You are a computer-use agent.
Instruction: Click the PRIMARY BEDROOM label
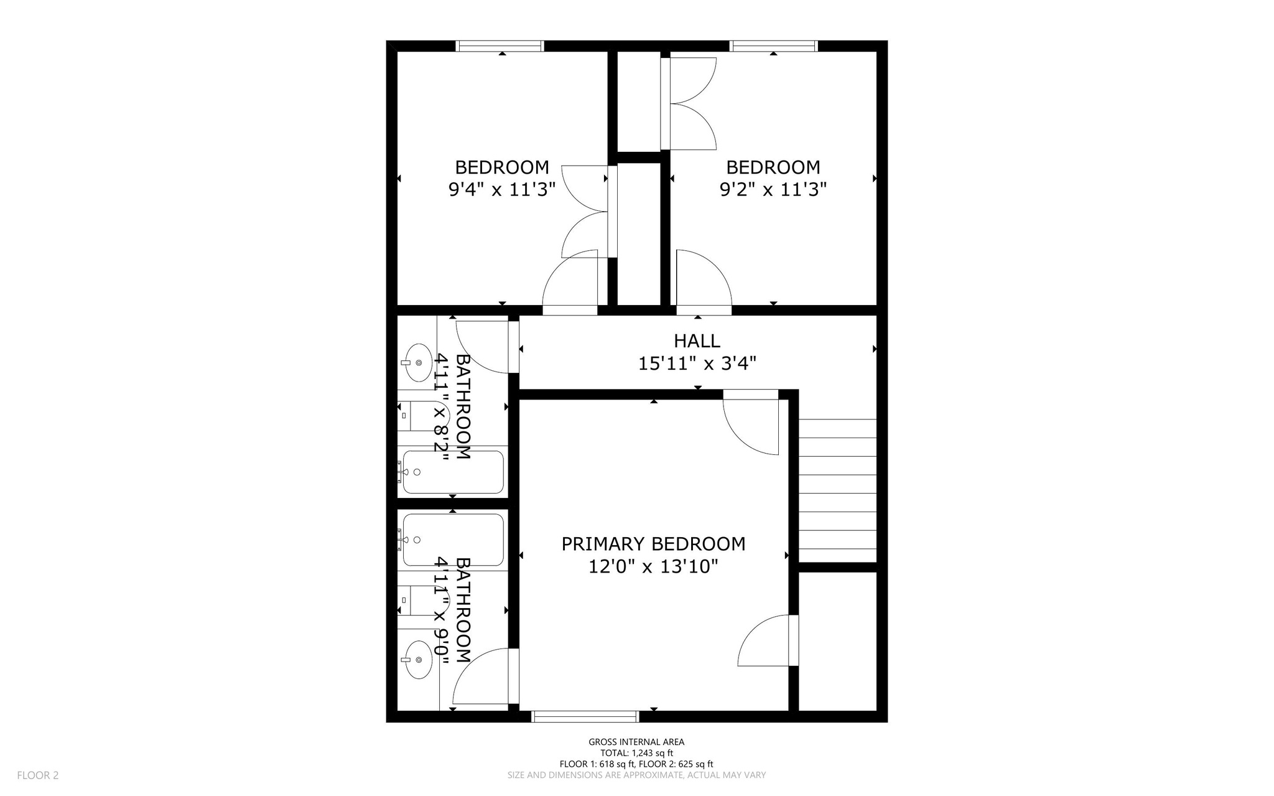point(653,544)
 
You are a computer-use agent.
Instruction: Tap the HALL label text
point(697,340)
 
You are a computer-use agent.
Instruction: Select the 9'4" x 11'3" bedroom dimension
point(501,189)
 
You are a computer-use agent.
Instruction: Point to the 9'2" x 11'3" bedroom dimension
point(773,189)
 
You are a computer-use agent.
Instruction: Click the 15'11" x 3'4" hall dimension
point(697,363)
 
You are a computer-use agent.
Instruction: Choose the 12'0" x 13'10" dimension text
point(653,567)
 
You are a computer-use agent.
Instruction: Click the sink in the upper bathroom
point(418,362)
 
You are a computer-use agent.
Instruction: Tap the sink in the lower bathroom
point(418,660)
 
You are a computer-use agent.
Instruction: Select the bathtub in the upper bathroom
point(453,472)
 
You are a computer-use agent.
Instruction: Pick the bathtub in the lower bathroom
point(453,539)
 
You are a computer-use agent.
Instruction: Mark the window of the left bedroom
point(500,46)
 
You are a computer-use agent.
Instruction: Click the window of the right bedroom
point(773,46)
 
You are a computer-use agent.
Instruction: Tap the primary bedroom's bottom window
point(585,716)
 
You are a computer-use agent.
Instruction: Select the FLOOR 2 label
point(37,775)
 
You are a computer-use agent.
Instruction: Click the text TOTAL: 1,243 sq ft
point(636,753)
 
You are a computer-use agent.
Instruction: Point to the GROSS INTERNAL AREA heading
point(636,742)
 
